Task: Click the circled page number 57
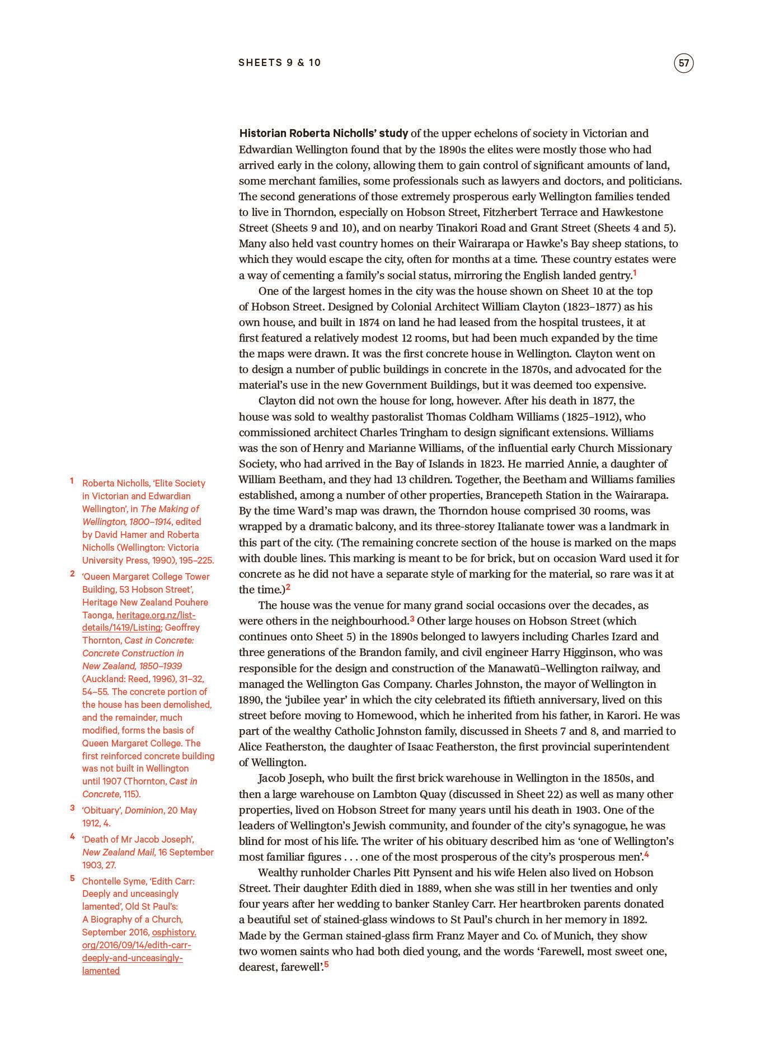683,63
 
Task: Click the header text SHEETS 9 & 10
280,63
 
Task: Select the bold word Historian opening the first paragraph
263,134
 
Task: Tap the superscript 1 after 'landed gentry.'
635,273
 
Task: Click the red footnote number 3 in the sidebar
72,808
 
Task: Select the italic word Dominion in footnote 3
143,811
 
